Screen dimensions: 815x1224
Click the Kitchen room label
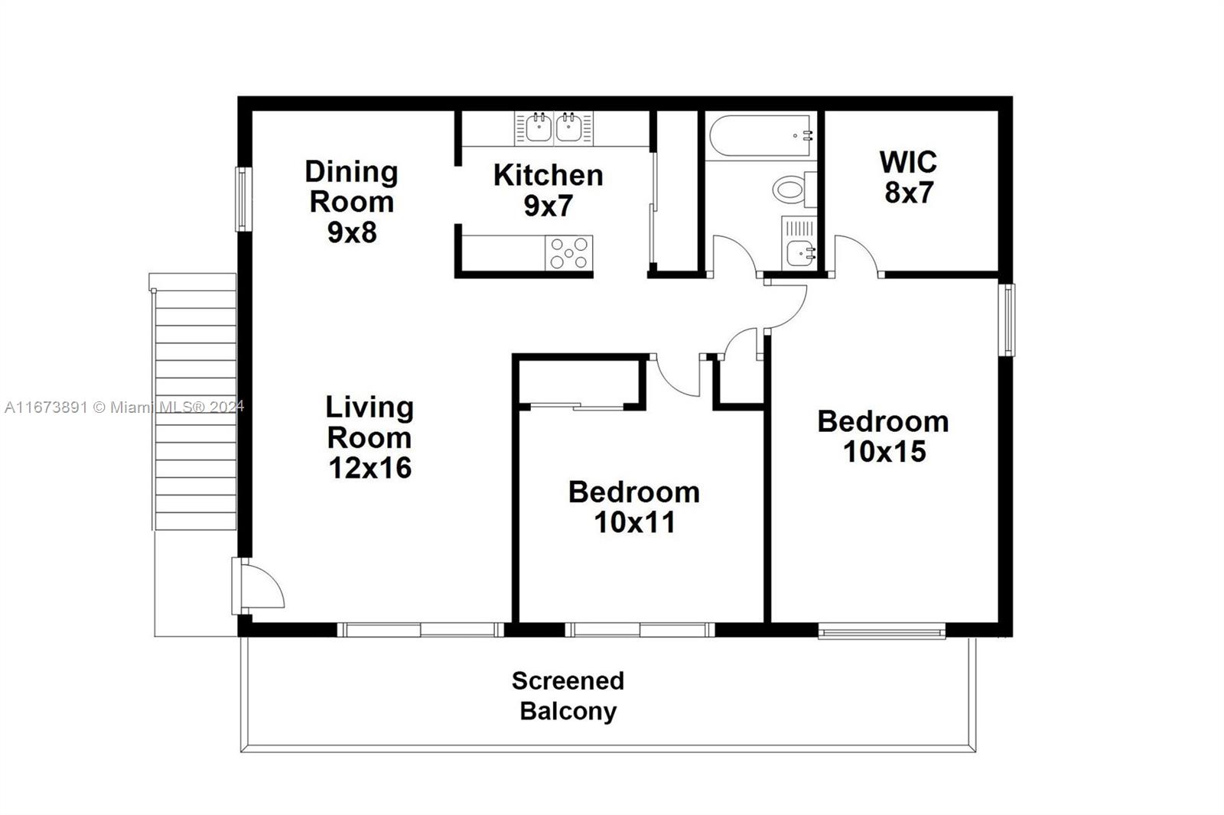click(548, 175)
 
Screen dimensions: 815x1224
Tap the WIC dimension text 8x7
click(909, 193)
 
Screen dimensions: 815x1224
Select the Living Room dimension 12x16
click(370, 468)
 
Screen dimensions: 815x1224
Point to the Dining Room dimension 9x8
click(352, 232)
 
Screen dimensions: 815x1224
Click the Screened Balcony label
click(568, 696)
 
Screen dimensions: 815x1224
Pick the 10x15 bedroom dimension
click(884, 452)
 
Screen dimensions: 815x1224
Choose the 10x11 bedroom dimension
click(635, 522)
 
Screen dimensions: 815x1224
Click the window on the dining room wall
click(242, 199)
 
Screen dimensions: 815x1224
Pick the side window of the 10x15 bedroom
click(1008, 319)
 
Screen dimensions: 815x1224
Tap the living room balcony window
click(420, 630)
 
